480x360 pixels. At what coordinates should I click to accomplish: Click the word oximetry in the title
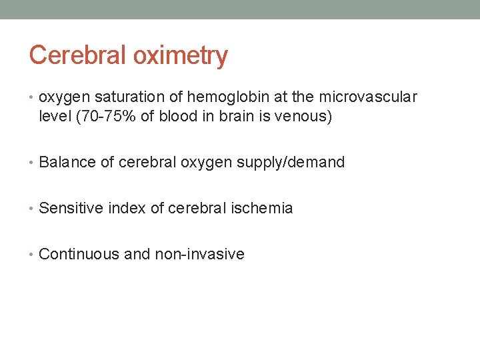(x=180, y=55)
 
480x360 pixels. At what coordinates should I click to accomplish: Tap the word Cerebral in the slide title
(x=78, y=55)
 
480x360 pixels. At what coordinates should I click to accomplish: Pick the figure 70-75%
(x=106, y=117)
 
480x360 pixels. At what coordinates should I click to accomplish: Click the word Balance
(x=67, y=162)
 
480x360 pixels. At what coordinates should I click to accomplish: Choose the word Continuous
(x=79, y=254)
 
